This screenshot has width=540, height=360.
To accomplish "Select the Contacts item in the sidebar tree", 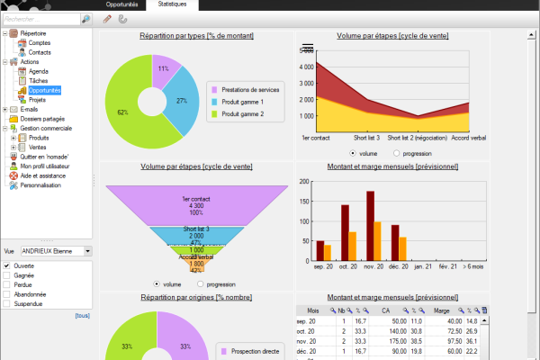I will [x=40, y=52].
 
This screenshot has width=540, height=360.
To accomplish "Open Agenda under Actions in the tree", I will [x=39, y=71].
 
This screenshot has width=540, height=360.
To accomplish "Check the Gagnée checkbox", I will [x=7, y=274].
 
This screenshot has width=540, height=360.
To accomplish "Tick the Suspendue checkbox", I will [x=7, y=303].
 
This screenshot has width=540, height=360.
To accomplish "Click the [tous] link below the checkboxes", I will [x=82, y=315].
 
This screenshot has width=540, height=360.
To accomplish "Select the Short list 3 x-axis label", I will [x=365, y=138].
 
